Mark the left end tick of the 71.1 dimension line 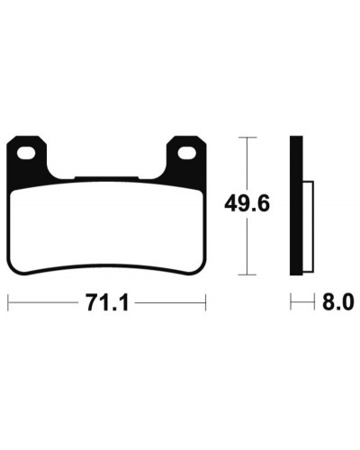(x=8, y=303)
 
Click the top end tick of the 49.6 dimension (x=247, y=138)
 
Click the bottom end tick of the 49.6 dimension (x=247, y=274)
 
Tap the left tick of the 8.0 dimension (x=291, y=303)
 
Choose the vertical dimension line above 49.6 (x=247, y=162)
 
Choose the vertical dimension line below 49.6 (x=247, y=247)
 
